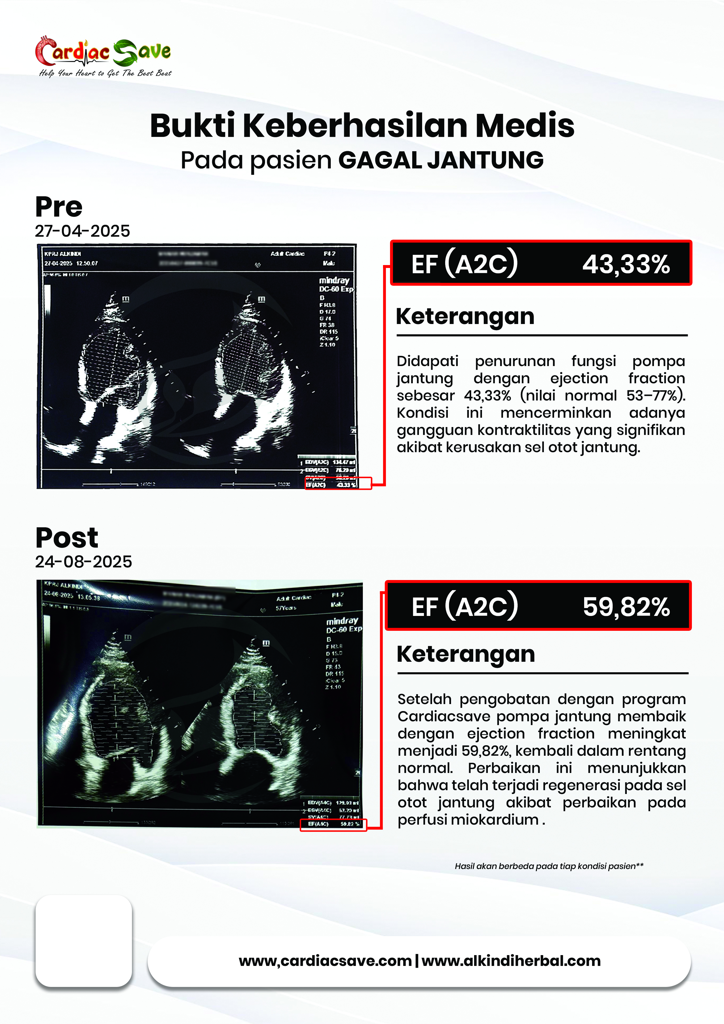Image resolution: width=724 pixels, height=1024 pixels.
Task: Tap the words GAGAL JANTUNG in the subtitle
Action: click(441, 161)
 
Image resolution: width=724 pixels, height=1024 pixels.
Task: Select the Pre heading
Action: click(59, 207)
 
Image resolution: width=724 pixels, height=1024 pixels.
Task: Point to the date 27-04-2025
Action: click(83, 231)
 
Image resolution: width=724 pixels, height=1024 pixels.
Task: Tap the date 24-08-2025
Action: click(83, 562)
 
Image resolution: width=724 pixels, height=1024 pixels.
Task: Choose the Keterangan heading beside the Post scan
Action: click(466, 654)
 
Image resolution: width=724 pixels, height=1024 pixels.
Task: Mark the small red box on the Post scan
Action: click(333, 825)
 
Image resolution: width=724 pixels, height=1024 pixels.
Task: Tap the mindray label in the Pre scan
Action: click(334, 281)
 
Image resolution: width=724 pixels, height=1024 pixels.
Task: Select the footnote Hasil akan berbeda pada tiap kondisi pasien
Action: click(549, 866)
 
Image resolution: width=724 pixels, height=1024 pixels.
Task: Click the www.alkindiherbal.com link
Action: click(511, 960)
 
